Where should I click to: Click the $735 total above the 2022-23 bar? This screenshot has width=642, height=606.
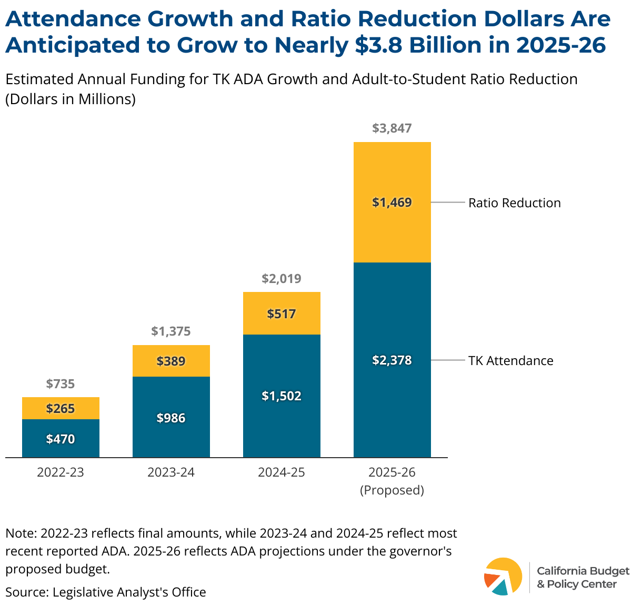click(61, 384)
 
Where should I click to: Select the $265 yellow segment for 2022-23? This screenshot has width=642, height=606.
click(61, 408)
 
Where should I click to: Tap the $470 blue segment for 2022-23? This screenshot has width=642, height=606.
click(61, 439)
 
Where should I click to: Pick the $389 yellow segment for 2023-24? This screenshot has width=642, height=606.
click(171, 361)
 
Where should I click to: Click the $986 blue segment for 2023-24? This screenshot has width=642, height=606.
click(171, 418)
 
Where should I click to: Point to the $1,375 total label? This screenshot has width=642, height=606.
click(171, 331)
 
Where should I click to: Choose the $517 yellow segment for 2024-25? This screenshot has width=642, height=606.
click(282, 314)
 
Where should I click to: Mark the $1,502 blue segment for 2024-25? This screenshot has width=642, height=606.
click(282, 396)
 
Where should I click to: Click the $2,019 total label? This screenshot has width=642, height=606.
click(282, 279)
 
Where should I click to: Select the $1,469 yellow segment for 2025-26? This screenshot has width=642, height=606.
click(392, 203)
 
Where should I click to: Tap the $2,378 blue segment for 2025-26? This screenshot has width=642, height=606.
click(392, 360)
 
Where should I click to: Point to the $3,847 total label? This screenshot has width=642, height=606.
click(392, 128)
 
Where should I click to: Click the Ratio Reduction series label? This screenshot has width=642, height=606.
click(515, 203)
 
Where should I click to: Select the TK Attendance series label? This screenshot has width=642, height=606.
click(511, 361)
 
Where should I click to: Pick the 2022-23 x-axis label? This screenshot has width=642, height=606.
click(61, 472)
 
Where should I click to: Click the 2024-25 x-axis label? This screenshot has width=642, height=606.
click(282, 472)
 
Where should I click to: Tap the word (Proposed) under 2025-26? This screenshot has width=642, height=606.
click(392, 490)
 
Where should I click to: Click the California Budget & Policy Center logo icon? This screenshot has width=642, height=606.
click(503, 577)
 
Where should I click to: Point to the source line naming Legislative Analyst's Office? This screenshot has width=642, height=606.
click(106, 592)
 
